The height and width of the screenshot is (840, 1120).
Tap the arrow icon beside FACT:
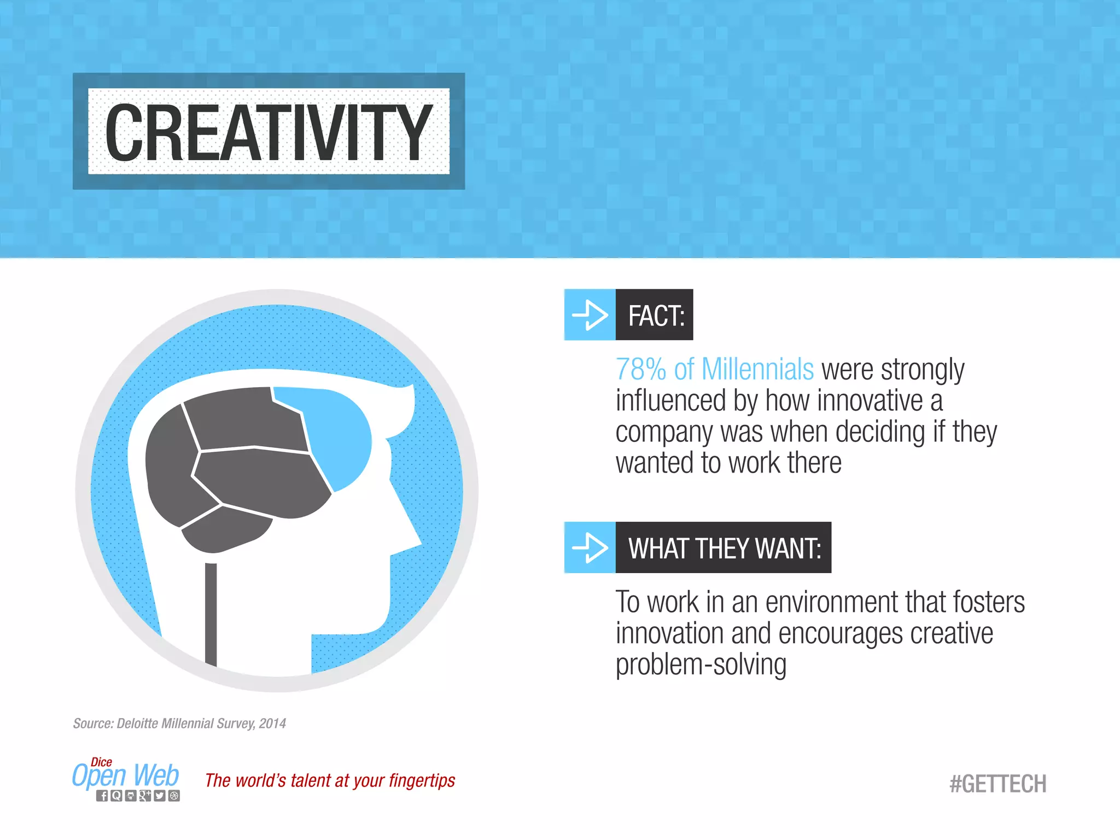[x=590, y=315]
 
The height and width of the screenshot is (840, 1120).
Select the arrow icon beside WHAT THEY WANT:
[x=590, y=547]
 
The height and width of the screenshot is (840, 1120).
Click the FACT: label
[x=656, y=316]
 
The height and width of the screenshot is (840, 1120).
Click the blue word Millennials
[x=757, y=369]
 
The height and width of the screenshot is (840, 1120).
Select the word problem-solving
[x=701, y=664]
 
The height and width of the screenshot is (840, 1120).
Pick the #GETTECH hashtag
[x=997, y=784]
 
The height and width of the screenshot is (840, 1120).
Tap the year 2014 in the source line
[x=272, y=724]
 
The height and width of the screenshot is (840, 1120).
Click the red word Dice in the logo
[x=101, y=762]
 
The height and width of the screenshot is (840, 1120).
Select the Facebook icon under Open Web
[x=102, y=796]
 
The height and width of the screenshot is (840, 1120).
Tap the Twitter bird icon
[x=159, y=796]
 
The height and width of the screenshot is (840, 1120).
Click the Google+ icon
[x=145, y=796]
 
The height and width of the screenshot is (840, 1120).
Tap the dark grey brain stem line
[x=211, y=612]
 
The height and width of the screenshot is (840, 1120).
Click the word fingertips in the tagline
[x=422, y=780]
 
